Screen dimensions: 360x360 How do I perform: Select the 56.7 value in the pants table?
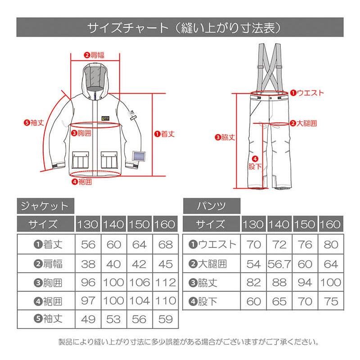[x=279, y=264]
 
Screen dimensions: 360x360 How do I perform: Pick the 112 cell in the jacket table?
[x=166, y=283]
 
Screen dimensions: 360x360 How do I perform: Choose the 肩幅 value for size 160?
[x=166, y=264]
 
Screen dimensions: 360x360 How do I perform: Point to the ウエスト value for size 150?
[x=305, y=245]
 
